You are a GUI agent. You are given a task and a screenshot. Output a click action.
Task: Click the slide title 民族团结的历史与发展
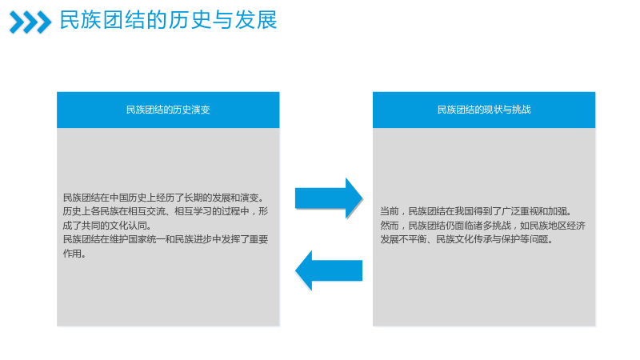[168, 20]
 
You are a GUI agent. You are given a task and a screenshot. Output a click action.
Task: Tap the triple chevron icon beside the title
[30, 22]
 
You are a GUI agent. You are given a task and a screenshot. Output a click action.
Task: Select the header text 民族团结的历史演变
[168, 110]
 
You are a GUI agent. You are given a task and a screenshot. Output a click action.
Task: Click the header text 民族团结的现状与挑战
[484, 110]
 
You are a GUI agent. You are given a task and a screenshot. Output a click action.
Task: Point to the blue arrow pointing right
[329, 198]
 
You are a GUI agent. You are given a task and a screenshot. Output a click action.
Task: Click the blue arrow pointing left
[329, 270]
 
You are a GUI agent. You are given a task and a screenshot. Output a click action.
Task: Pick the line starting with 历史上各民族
[166, 211]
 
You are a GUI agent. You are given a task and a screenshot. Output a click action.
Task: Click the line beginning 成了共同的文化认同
[107, 226]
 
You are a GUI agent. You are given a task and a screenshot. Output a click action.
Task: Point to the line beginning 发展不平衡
[467, 239]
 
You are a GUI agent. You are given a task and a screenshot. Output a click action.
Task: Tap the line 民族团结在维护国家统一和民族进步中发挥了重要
[166, 239]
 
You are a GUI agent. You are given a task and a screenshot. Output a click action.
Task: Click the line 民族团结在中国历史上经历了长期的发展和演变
[164, 198]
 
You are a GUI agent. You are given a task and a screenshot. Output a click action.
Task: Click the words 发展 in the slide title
[256, 20]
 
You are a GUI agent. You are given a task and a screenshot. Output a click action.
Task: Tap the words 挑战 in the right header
[522, 110]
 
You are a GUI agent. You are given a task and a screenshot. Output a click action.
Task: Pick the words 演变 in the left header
[201, 110]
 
